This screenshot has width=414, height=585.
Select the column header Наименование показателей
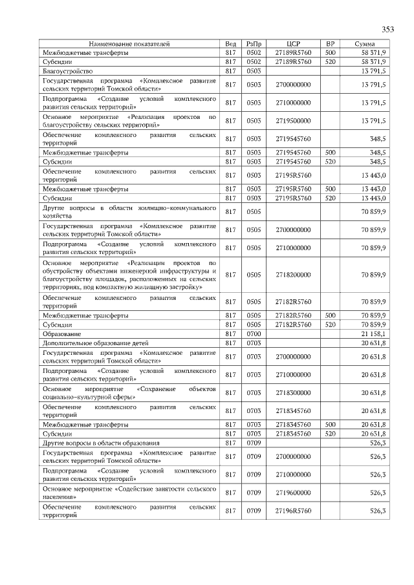coord(129,43)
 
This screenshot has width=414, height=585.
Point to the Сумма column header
coord(365,43)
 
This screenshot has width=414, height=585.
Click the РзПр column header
coord(253,43)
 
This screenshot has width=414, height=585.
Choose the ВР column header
coord(330,43)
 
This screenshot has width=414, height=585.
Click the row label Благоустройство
coord(68,70)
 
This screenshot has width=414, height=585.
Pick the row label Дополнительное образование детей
coord(96,343)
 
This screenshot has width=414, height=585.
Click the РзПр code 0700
coord(253,334)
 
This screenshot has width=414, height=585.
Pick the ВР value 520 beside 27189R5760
coord(330,61)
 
